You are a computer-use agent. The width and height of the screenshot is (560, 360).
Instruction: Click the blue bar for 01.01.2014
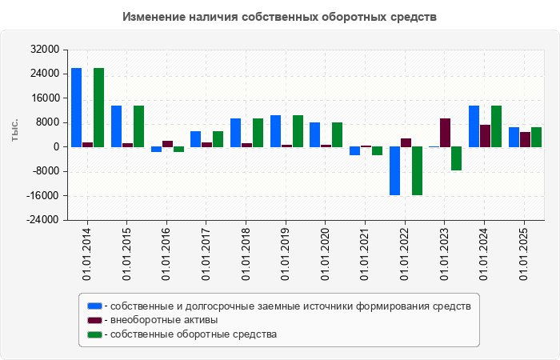[x=76, y=107]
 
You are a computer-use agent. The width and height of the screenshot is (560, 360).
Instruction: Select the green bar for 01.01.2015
[x=138, y=126]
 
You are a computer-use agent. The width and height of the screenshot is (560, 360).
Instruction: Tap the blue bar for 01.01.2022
[x=394, y=171]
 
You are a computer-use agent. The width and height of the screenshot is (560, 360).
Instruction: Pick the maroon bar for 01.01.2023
[x=445, y=133]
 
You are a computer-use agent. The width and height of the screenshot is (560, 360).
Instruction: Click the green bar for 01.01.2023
[x=456, y=158]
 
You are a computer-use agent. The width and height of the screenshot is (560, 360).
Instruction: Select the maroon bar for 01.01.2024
[x=485, y=136]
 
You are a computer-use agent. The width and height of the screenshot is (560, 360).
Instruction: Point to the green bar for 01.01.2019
[x=298, y=131]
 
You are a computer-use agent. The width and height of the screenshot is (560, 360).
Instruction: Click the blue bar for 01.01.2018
[x=235, y=133]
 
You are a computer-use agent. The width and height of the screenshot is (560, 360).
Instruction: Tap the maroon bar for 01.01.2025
[x=525, y=139]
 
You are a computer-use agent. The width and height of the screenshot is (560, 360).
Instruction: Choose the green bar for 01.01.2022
[x=417, y=171]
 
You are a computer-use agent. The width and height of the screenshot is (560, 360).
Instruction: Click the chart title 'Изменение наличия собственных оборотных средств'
[x=280, y=17]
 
